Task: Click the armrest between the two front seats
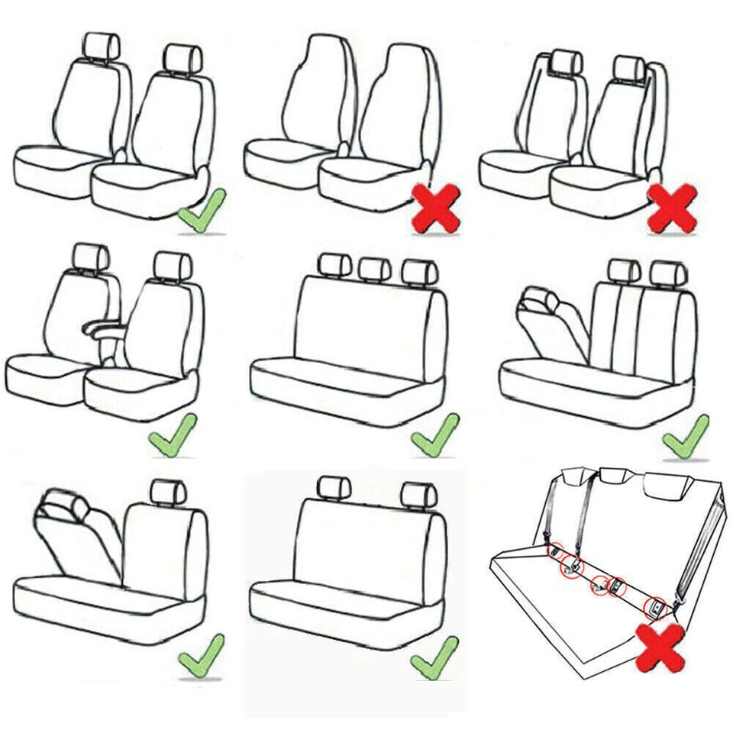coord(103,329)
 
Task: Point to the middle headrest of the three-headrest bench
coord(374,267)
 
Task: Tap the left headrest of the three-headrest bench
coord(333,265)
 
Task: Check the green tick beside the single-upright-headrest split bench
coord(201,656)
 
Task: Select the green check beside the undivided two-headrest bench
coord(434,656)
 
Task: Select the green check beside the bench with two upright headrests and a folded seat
coord(686,436)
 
